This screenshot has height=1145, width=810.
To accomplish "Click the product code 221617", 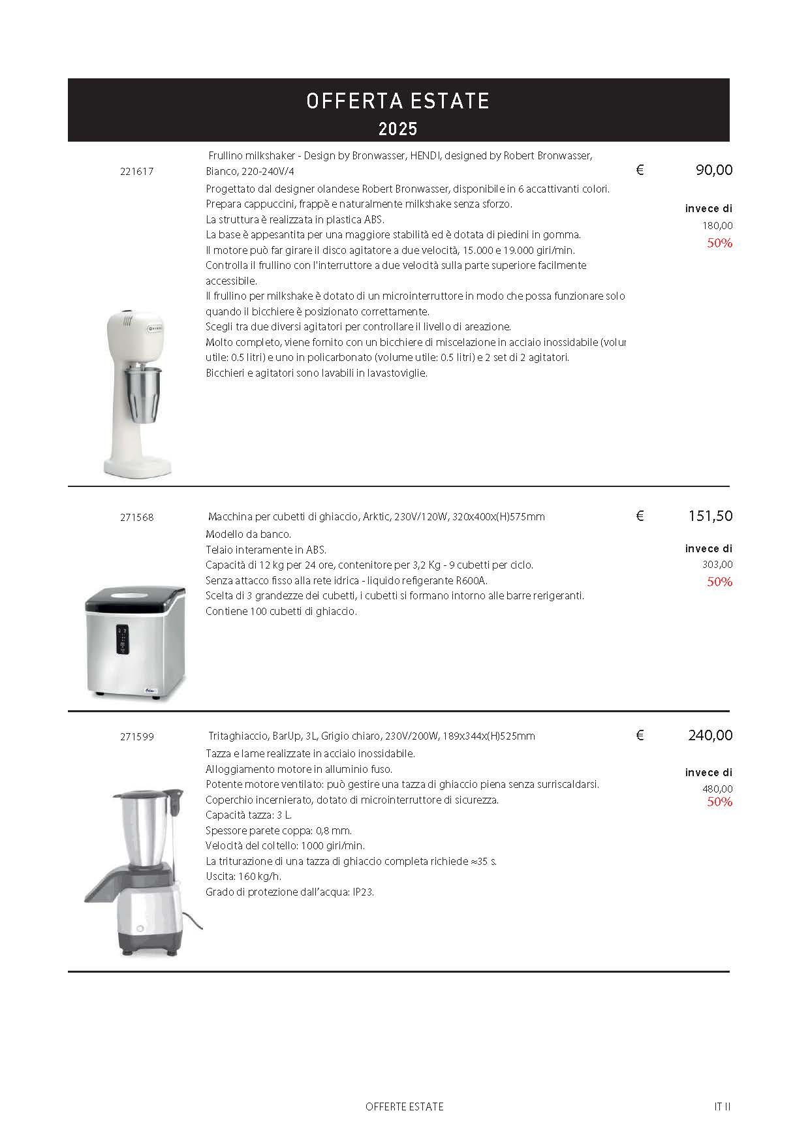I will [137, 172].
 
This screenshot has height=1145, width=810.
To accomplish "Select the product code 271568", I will [137, 517].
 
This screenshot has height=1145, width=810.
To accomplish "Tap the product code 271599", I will [137, 736].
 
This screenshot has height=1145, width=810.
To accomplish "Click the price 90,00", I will [714, 170].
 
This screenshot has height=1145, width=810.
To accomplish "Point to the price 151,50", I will [710, 516].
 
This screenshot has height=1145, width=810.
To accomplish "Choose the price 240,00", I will [710, 736].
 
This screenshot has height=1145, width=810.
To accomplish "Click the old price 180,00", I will [717, 226].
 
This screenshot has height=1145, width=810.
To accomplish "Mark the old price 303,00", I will [717, 565].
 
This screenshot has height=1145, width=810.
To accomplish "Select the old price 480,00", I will [717, 789].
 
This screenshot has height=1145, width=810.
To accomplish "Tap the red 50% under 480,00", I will [719, 802].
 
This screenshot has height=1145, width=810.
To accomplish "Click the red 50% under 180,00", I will [719, 243].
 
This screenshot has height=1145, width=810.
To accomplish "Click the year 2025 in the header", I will [397, 129].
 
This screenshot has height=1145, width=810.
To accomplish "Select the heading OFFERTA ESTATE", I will [397, 101].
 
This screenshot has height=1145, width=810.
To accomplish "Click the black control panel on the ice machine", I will [123, 638].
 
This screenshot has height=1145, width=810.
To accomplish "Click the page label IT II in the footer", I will [722, 1106].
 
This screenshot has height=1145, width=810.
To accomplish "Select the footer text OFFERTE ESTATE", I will [405, 1106].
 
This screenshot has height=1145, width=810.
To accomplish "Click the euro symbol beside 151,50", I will [640, 516].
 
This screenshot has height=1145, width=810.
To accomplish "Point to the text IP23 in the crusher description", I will [363, 892].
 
